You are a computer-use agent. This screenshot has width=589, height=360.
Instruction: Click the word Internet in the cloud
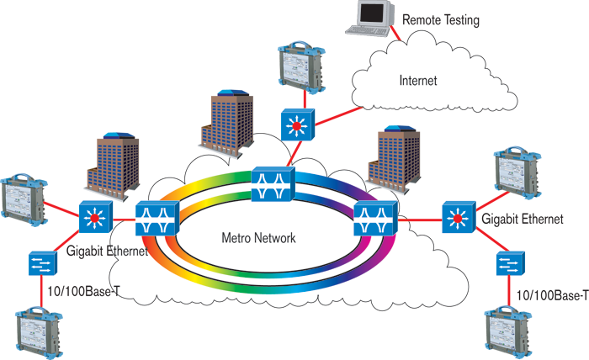click(x=418, y=81)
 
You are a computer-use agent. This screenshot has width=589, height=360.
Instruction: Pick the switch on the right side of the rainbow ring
click(x=371, y=218)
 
